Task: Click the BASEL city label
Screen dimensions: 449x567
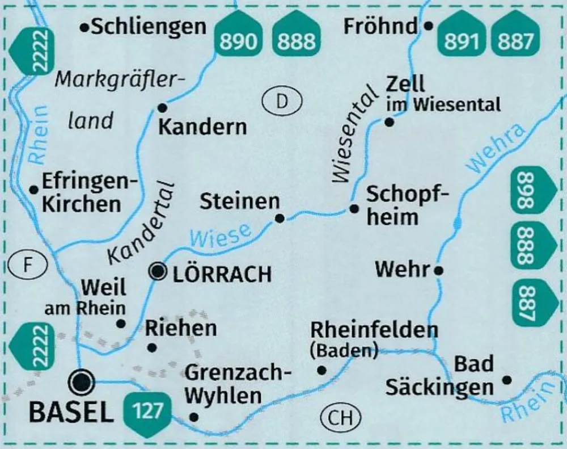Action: (x=71, y=413)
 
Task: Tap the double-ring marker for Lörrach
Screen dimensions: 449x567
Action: (x=157, y=272)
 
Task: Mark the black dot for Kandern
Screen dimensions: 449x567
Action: (x=162, y=107)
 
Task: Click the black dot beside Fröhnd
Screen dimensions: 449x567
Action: (x=429, y=26)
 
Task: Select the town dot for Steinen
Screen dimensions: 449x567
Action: (x=279, y=218)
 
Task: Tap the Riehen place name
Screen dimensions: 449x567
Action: (x=181, y=328)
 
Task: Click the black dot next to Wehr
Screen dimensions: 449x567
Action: (x=438, y=271)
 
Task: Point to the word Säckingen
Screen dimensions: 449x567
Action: (x=439, y=387)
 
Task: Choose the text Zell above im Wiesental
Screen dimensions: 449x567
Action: (x=404, y=85)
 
